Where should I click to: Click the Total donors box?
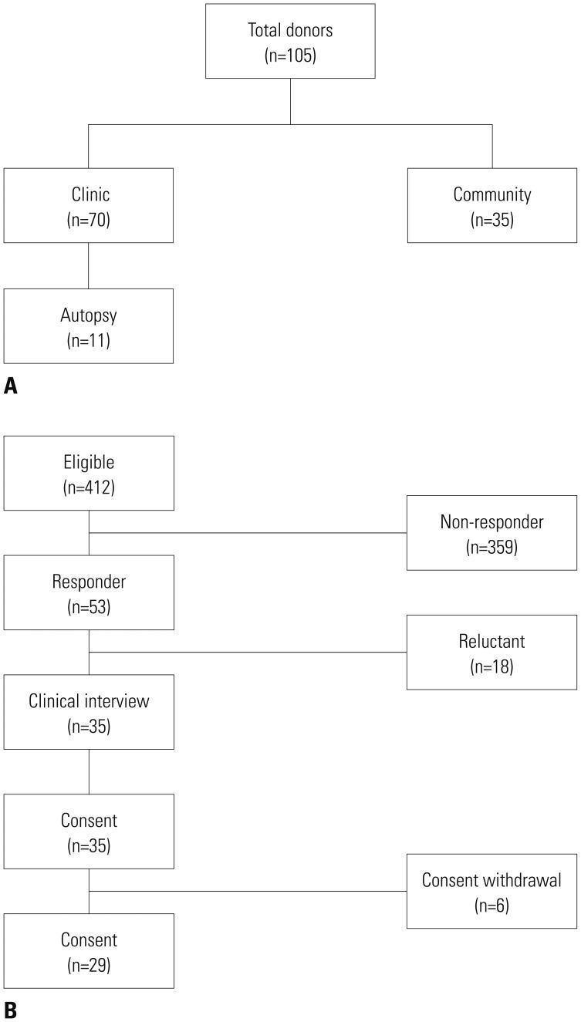tap(290, 41)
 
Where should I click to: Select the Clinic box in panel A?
tap(89, 205)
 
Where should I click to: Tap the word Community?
tap(491, 194)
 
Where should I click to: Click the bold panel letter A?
tap(11, 386)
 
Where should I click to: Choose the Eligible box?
tap(89, 473)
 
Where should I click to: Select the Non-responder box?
tap(491, 533)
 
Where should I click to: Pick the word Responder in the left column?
tap(89, 581)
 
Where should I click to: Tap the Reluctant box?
tap(491, 652)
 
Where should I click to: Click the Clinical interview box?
tap(89, 712)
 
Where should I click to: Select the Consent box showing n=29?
tap(89, 951)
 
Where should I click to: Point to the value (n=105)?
tap(290, 56)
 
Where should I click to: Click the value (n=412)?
tap(89, 487)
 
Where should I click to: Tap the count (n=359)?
tap(491, 548)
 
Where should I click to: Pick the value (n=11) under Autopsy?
tap(89, 340)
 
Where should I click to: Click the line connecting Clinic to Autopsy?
tap(89, 265)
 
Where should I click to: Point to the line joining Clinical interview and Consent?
tap(89, 771)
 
